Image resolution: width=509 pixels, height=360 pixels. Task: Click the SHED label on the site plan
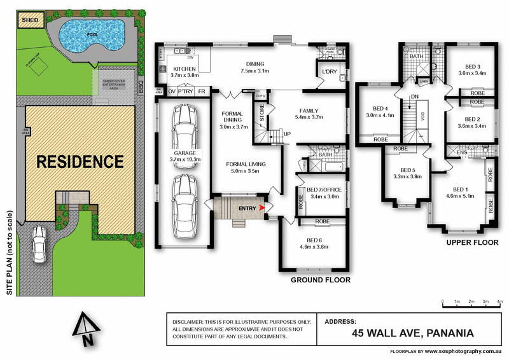coord(30,20)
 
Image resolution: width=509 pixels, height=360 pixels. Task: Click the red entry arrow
coord(263,207)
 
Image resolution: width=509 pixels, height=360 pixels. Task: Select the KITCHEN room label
coord(185,69)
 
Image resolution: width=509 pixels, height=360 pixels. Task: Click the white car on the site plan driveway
coord(39,243)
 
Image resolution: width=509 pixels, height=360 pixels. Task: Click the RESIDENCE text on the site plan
coord(80,162)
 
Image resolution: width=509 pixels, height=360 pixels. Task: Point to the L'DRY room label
coord(329,72)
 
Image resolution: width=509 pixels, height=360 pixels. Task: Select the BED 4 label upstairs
coord(380,109)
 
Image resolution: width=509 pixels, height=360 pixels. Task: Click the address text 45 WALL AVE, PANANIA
coord(411,333)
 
